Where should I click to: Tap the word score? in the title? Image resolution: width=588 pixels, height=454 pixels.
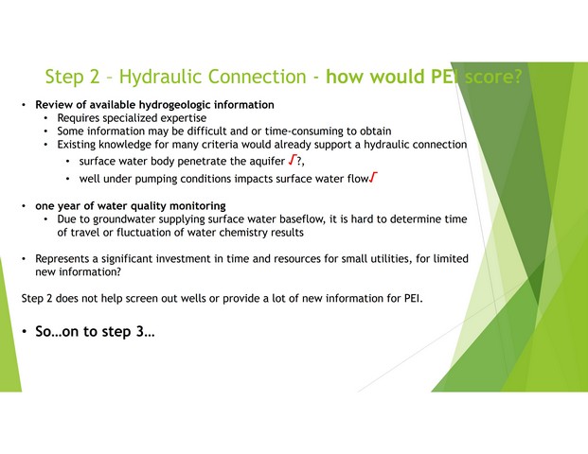[493, 77]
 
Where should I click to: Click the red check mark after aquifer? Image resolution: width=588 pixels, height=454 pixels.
[293, 161]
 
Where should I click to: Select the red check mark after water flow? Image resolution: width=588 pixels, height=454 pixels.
[373, 178]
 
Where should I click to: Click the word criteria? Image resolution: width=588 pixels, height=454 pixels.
[219, 145]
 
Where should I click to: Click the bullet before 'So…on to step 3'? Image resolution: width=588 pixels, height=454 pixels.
[24, 331]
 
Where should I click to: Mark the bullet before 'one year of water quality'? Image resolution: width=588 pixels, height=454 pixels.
[24, 206]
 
